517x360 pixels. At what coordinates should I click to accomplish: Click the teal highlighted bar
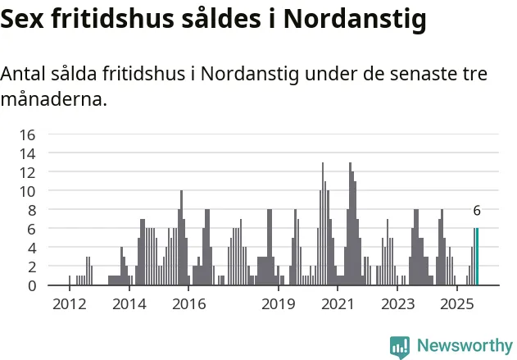tap(477, 257)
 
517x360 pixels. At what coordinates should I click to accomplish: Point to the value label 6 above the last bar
tap(477, 211)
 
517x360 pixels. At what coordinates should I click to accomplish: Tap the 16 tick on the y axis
tap(28, 134)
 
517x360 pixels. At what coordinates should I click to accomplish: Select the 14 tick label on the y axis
tap(28, 153)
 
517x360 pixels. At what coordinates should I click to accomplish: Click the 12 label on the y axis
tap(28, 172)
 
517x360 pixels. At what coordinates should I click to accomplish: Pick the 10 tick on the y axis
tap(28, 191)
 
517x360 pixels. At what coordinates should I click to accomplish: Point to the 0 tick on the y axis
tap(32, 285)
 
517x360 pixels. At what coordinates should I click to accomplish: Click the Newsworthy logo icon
tap(400, 346)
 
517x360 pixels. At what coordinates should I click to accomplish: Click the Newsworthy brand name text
tap(464, 346)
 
